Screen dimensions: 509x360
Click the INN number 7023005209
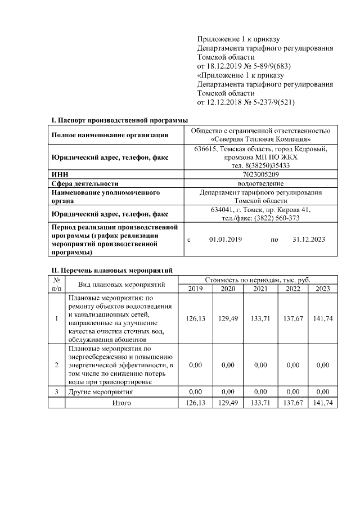tap(260, 174)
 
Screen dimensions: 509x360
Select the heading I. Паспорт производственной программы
tap(119, 120)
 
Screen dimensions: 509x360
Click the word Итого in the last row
tap(121, 403)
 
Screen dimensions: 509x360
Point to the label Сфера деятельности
tap(85, 183)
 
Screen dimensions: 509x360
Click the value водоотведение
tap(260, 183)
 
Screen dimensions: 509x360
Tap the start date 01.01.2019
tap(225, 240)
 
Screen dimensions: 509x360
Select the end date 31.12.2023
tap(309, 240)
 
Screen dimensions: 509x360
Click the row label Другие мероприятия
tap(100, 391)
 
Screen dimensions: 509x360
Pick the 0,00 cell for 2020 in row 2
tap(228, 365)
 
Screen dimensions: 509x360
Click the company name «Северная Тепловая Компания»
tap(260, 139)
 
